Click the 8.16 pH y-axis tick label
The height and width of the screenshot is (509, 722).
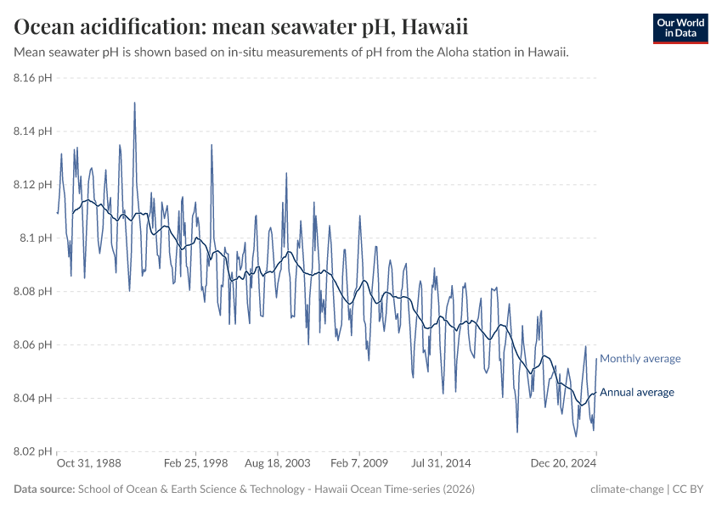pyautogui.click(x=33, y=78)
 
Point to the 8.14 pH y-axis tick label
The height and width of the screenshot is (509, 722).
pyautogui.click(x=33, y=131)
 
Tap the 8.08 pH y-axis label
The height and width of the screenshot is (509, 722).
pyautogui.click(x=33, y=292)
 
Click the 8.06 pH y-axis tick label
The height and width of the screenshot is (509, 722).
pyautogui.click(x=33, y=345)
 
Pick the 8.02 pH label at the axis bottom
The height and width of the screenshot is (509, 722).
pyautogui.click(x=33, y=451)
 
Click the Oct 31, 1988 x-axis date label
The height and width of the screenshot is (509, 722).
pyautogui.click(x=89, y=464)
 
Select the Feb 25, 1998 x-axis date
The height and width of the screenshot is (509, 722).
pyautogui.click(x=196, y=464)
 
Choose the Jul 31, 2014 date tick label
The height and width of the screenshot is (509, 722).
pyautogui.click(x=441, y=464)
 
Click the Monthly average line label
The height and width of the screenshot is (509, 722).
pyautogui.click(x=640, y=359)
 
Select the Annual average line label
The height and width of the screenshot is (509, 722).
pyautogui.click(x=637, y=392)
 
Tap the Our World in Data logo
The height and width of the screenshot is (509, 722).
pyautogui.click(x=680, y=28)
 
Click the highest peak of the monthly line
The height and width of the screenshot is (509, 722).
pyautogui.click(x=134, y=103)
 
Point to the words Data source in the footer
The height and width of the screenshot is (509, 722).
pyautogui.click(x=43, y=489)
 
